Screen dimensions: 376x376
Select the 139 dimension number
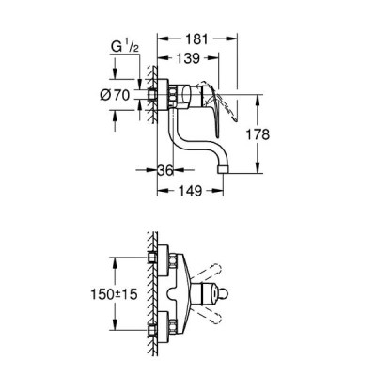pos(187,58)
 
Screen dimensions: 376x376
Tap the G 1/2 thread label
pos(125,47)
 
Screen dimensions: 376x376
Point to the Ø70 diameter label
pos(115,95)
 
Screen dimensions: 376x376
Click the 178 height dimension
pos(258,134)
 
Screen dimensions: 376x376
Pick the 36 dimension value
pos(164,171)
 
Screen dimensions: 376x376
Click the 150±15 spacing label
pos(114,294)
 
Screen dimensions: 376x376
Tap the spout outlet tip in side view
pos(223,169)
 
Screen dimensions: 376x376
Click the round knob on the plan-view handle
pos(227,294)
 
